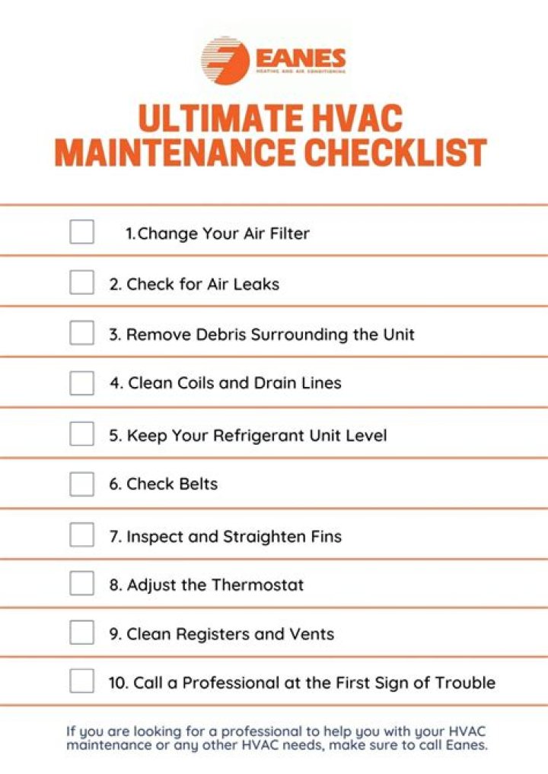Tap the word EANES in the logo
[x=300, y=58]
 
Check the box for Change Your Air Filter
[x=81, y=232]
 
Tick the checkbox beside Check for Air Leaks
[x=81, y=283]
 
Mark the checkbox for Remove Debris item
[x=81, y=333]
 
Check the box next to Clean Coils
[x=81, y=383]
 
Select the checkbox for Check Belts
[x=81, y=484]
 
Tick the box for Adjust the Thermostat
[x=81, y=584]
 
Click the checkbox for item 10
[x=81, y=681]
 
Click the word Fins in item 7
[x=325, y=536]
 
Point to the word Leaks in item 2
[x=256, y=284]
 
